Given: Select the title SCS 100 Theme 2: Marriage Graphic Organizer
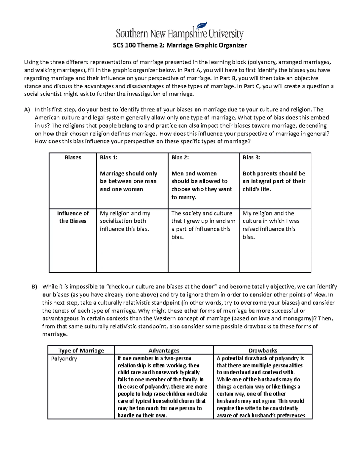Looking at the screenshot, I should click(180, 46).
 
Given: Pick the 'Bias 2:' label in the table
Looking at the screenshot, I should click(180, 158).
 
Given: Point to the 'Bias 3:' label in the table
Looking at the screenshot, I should click(251, 158).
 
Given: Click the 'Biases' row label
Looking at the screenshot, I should click(73, 158).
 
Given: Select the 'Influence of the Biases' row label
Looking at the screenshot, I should click(73, 217).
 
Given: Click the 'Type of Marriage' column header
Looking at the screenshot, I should click(81, 350).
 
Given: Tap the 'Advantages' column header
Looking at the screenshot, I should click(164, 350).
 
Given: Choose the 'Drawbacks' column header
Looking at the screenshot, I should click(263, 350).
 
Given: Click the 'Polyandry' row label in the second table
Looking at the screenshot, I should click(64, 359).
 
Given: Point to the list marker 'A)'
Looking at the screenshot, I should click(27, 110).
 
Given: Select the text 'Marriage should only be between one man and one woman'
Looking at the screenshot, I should click(128, 181).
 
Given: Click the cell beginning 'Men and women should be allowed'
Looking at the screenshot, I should click(202, 185).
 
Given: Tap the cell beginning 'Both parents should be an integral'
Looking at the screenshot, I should click(274, 181).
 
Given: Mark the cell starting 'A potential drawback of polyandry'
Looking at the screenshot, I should click(261, 386).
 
